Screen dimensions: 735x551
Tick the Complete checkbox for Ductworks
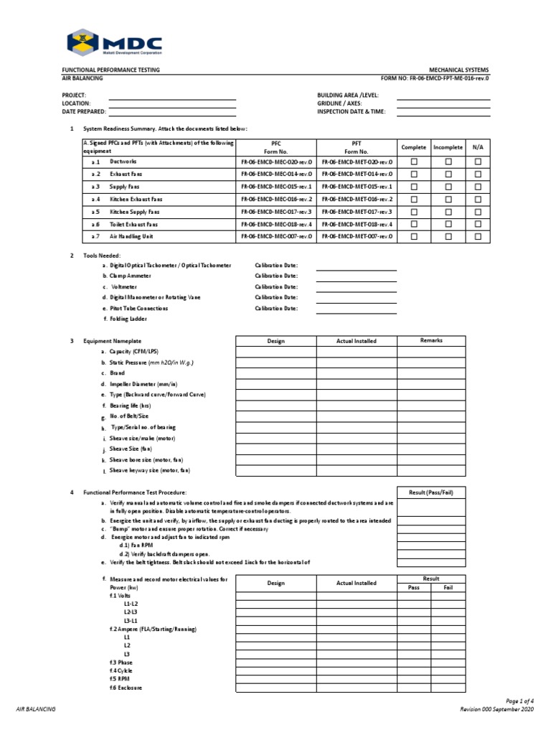tap(413, 162)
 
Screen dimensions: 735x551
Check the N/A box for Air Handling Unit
tap(478, 236)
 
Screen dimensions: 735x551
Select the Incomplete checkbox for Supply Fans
tap(448, 187)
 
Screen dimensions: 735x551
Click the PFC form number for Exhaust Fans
tap(276, 174)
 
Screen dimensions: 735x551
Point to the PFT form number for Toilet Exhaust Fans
tap(357, 224)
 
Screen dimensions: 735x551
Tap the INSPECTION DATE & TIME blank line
tap(443, 111)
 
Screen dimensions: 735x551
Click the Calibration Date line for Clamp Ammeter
tap(356, 276)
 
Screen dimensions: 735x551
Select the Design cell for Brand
tap(276, 374)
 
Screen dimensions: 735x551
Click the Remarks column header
tap(431, 341)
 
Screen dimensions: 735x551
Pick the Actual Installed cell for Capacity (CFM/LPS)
tap(356, 352)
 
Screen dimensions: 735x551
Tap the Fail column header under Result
tap(448, 587)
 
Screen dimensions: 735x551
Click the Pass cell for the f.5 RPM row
tap(414, 678)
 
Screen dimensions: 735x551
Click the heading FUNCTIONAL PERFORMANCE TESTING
tap(111, 70)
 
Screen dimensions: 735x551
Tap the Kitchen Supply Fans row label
tap(134, 212)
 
